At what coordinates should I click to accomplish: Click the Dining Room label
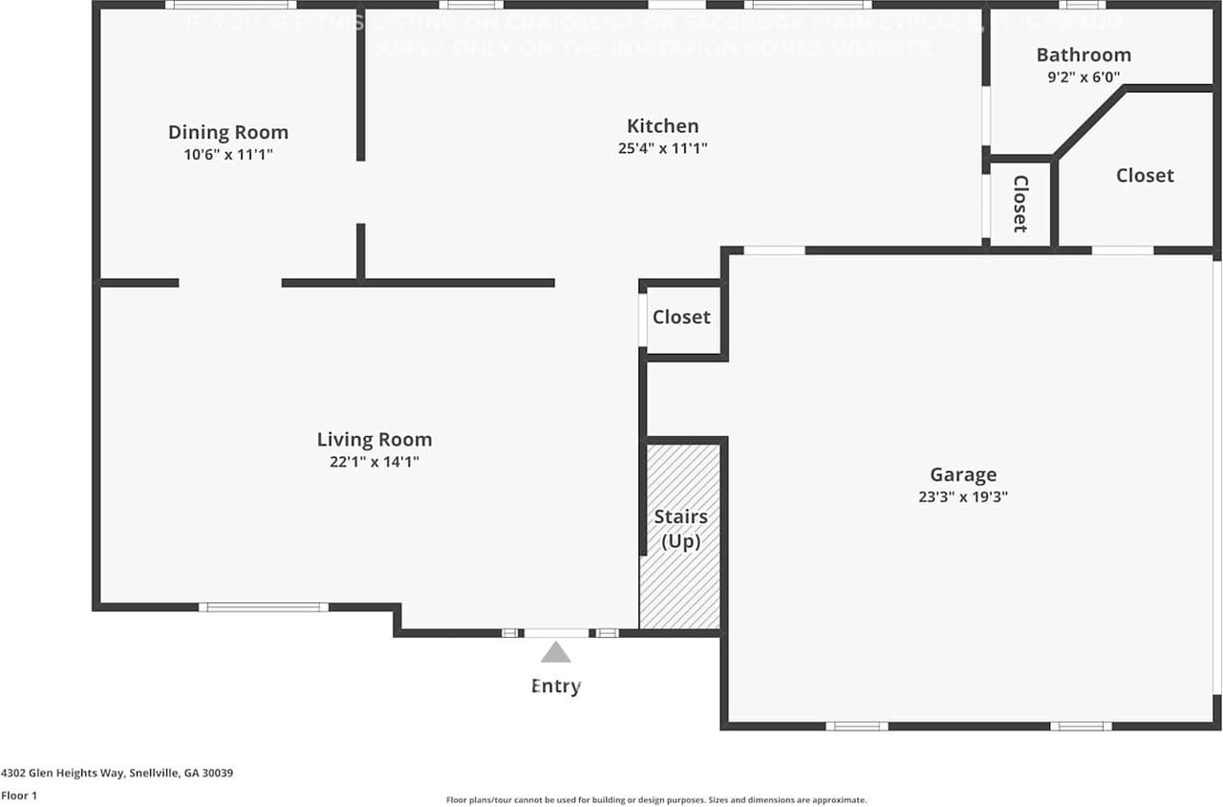[228, 133]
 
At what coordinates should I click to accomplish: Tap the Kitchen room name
[662, 126]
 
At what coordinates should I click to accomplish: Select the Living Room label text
[375, 440]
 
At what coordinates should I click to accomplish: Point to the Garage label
[963, 474]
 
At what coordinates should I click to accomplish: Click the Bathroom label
[1084, 55]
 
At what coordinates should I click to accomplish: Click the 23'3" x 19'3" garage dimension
[963, 497]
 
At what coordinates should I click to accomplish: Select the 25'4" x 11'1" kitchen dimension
[662, 148]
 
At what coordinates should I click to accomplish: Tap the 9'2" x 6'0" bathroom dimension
[1084, 76]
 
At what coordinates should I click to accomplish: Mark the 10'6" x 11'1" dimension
[228, 154]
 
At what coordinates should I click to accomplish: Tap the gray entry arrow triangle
[555, 653]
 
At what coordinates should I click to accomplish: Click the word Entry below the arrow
[556, 687]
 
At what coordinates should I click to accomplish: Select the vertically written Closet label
[1020, 203]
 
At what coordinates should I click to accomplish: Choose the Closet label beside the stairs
[681, 317]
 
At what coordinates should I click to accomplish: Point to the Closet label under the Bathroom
[1145, 176]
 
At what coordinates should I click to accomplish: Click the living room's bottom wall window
[264, 606]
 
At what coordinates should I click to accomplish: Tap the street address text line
[118, 773]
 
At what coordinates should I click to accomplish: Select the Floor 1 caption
[19, 796]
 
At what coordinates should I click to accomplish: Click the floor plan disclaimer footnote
[656, 799]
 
